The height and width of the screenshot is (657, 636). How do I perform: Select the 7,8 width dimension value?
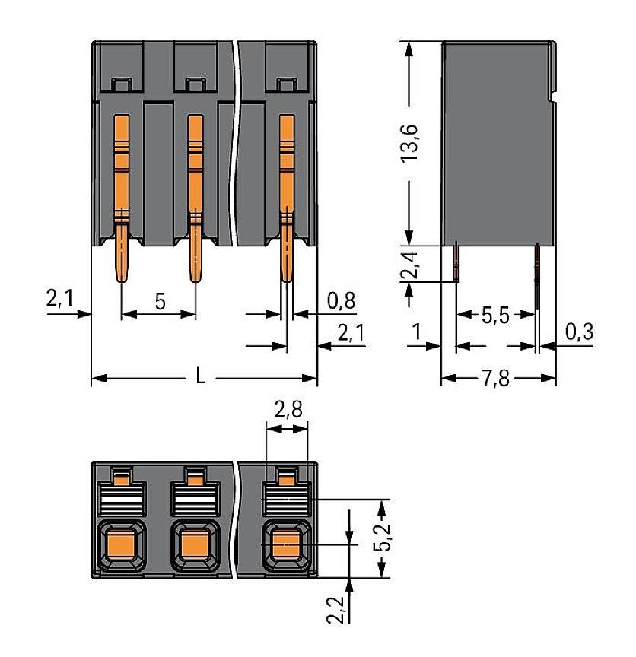point(498,378)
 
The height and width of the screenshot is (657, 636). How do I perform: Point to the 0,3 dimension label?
point(580,331)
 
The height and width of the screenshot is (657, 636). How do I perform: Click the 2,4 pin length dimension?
point(411,263)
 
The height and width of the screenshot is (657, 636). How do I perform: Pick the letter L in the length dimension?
point(200,377)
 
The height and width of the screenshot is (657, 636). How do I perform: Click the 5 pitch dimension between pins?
point(160,300)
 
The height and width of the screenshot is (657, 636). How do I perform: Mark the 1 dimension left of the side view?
point(415,331)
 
